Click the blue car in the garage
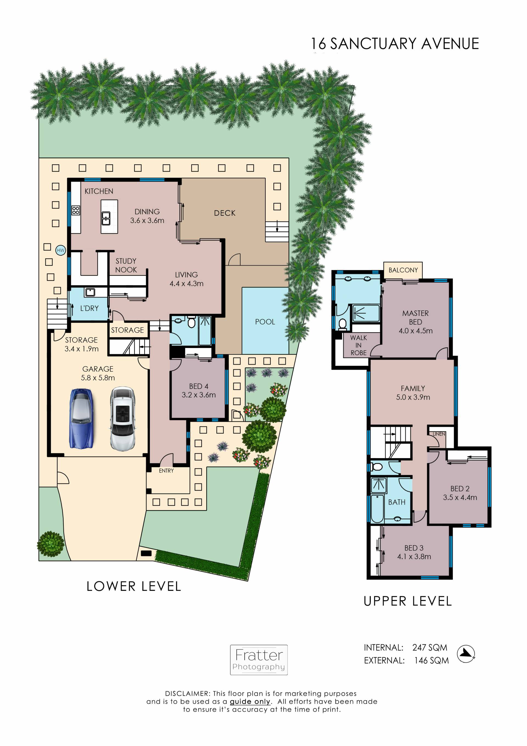click(x=81, y=418)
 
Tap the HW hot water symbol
click(x=61, y=250)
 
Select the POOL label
click(x=265, y=322)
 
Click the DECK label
click(x=225, y=213)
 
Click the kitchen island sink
click(x=106, y=218)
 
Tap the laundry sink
click(x=90, y=292)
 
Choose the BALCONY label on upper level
click(x=403, y=270)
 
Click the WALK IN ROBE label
click(x=358, y=345)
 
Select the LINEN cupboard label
click(x=439, y=434)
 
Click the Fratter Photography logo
click(x=259, y=660)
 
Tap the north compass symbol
click(x=466, y=654)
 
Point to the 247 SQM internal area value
click(x=430, y=648)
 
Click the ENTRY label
click(x=166, y=471)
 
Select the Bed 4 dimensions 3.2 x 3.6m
click(x=199, y=395)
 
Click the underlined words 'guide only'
click(x=250, y=702)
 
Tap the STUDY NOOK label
click(x=126, y=265)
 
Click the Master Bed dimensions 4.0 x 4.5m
click(x=416, y=331)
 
